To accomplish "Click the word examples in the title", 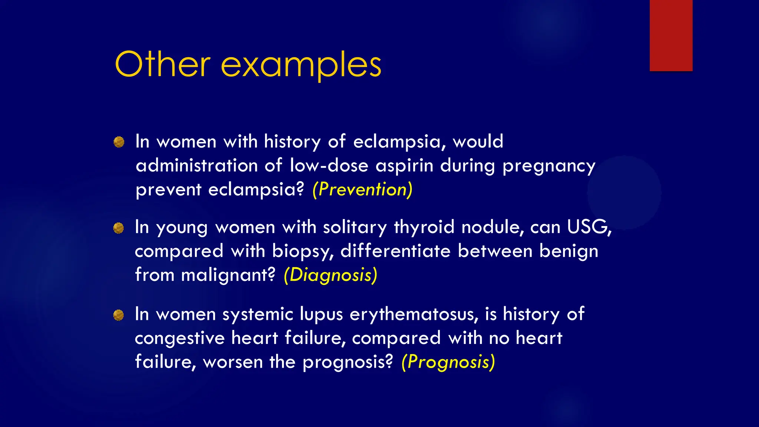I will click(x=301, y=66).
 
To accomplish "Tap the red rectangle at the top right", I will click(x=671, y=36).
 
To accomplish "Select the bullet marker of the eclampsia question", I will click(x=119, y=142).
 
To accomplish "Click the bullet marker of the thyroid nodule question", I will click(x=119, y=228).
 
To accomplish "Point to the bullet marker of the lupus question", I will click(x=119, y=315).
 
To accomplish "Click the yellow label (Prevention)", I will click(x=362, y=189).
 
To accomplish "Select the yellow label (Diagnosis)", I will click(x=330, y=275).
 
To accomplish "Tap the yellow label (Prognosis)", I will click(x=448, y=362).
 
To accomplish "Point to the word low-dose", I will click(x=329, y=165).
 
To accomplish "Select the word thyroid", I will click(x=424, y=227).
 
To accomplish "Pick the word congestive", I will click(x=180, y=338).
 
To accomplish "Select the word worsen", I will click(x=233, y=362).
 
